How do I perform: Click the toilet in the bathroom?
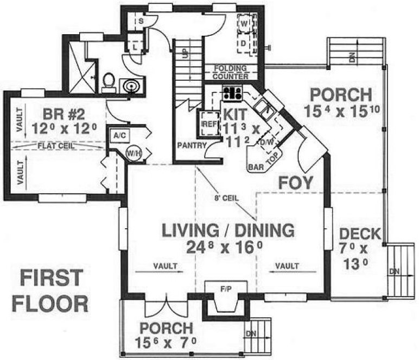click(x=107, y=82)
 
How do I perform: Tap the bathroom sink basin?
click(x=131, y=86)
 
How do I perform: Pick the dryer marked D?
click(x=244, y=42)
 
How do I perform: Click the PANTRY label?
click(x=191, y=145)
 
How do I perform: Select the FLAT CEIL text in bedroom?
click(x=56, y=145)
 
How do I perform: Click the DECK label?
click(x=359, y=235)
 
